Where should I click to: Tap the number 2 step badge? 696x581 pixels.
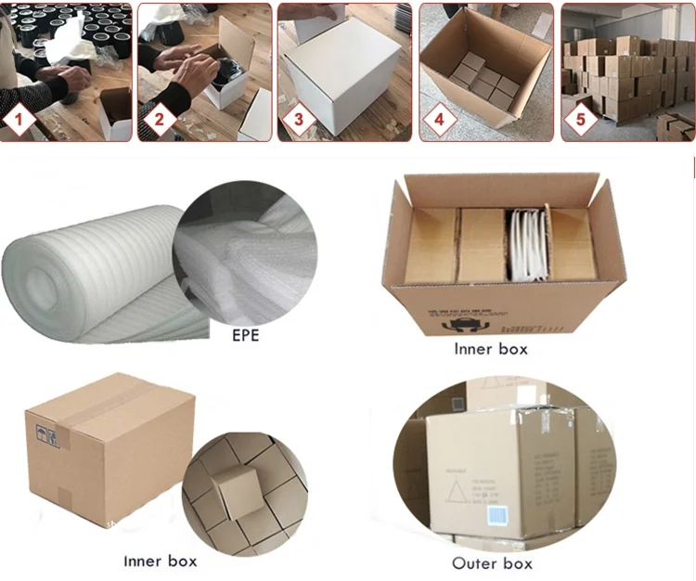[159, 120]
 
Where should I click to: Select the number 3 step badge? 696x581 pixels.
[299, 120]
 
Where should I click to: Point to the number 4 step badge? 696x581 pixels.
[440, 120]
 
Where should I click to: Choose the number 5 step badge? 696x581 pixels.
[582, 120]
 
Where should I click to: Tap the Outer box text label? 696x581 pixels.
[492, 563]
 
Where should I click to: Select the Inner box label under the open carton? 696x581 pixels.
[491, 350]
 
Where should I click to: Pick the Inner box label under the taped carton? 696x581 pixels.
[161, 561]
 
